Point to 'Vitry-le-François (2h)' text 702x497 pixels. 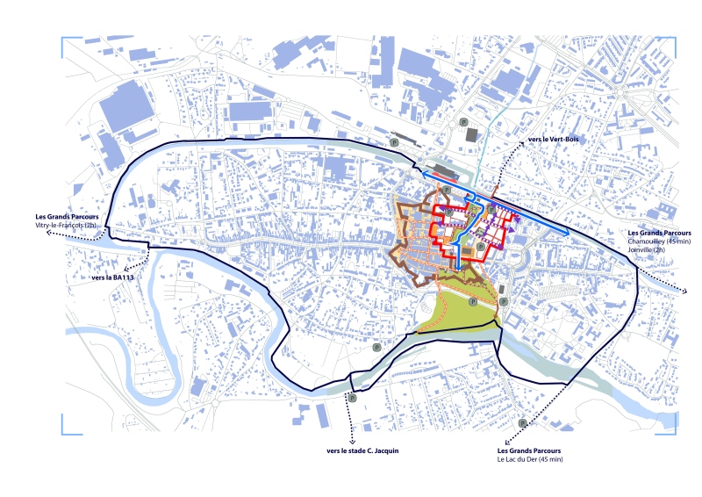click(66, 227)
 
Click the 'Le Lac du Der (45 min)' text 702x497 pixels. click(530, 459)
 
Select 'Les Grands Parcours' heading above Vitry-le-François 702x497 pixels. click(67, 217)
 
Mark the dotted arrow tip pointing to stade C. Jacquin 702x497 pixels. click(350, 440)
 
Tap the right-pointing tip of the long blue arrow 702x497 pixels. click(569, 232)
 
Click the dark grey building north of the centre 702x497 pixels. click(471, 133)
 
